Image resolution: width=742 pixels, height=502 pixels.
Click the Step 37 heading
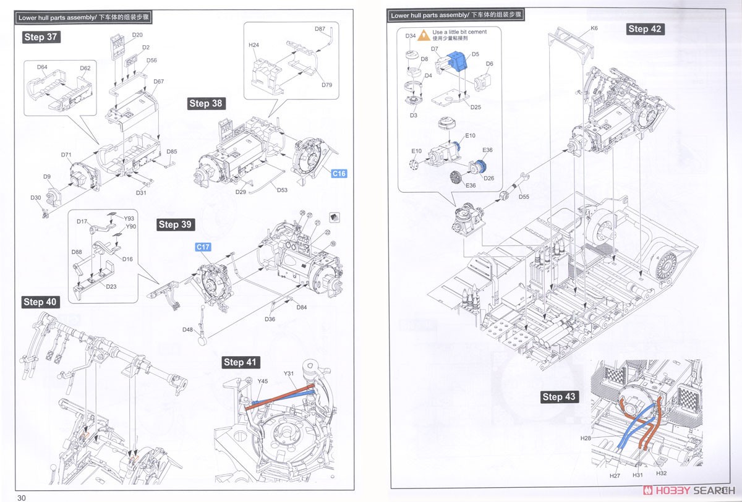pyautogui.click(x=41, y=37)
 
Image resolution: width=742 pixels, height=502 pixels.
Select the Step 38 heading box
pyautogui.click(x=207, y=103)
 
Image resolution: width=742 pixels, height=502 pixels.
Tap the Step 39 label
pyautogui.click(x=176, y=224)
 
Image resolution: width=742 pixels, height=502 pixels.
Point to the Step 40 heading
pyautogui.click(x=40, y=302)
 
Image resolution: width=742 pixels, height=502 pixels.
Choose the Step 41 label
pyautogui.click(x=241, y=362)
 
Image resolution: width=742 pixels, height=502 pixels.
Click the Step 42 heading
pyautogui.click(x=645, y=29)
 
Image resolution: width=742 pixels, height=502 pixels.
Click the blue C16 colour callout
pyautogui.click(x=339, y=174)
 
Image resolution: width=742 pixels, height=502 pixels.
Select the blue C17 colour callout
pyautogui.click(x=203, y=247)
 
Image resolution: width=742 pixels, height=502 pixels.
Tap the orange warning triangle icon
pyautogui.click(x=424, y=35)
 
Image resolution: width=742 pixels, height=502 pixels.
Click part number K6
pyautogui.click(x=594, y=28)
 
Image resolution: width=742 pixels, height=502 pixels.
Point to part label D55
pyautogui.click(x=524, y=197)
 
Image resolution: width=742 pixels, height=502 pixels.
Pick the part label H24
pyautogui.click(x=254, y=45)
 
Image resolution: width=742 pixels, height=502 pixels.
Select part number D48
pyautogui.click(x=187, y=330)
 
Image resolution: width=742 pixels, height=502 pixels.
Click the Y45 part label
pyautogui.click(x=262, y=381)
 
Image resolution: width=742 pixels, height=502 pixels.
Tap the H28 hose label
pyautogui.click(x=586, y=438)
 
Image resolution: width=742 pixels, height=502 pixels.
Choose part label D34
pyautogui.click(x=411, y=36)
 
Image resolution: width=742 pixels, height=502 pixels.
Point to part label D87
pyautogui.click(x=320, y=29)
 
